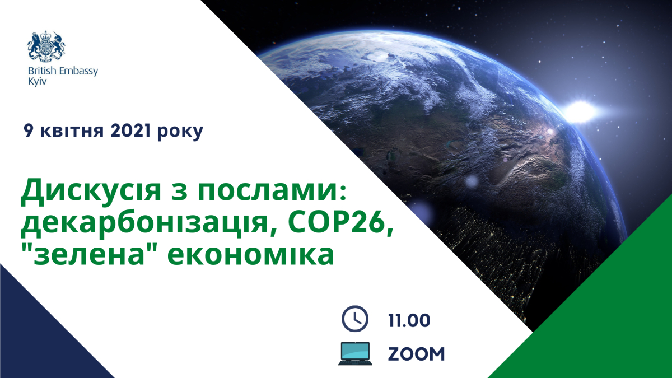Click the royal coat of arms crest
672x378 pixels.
click(48, 47)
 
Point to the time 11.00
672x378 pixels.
click(409, 320)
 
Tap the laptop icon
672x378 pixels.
click(355, 353)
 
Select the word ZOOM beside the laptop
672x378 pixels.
click(417, 354)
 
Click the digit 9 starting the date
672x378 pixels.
click(27, 132)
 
